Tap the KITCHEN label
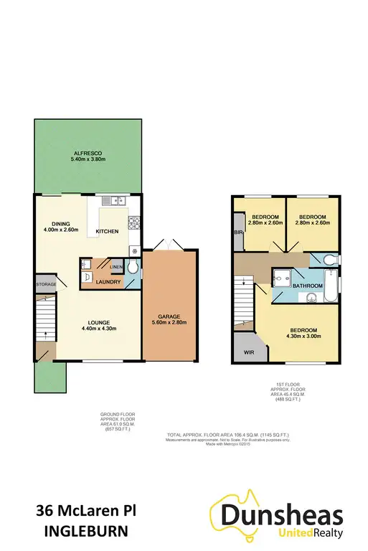[x=108, y=232]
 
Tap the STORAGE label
[x=45, y=284]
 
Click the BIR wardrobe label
[x=237, y=234]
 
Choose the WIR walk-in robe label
[x=248, y=353]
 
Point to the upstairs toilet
[x=329, y=260]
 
